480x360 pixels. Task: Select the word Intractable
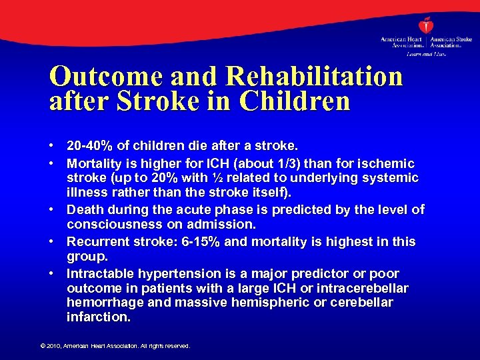(97, 273)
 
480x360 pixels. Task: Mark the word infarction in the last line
(98, 317)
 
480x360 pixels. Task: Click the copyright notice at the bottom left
(114, 346)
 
